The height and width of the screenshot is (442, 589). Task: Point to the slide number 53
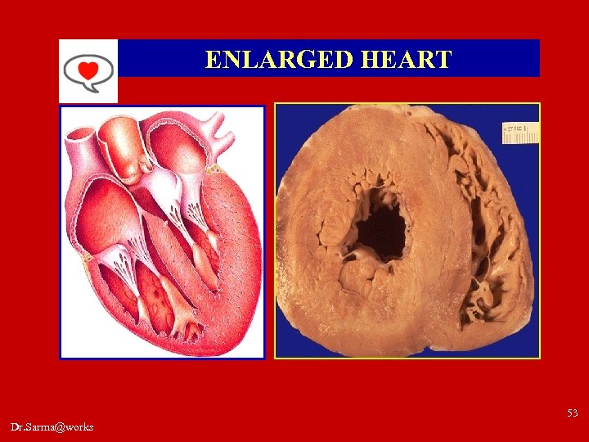[x=571, y=413]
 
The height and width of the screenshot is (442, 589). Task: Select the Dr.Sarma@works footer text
[x=52, y=426]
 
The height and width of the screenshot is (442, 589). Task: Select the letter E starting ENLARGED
[x=213, y=60]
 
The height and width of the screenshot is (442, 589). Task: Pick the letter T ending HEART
[x=443, y=60]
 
